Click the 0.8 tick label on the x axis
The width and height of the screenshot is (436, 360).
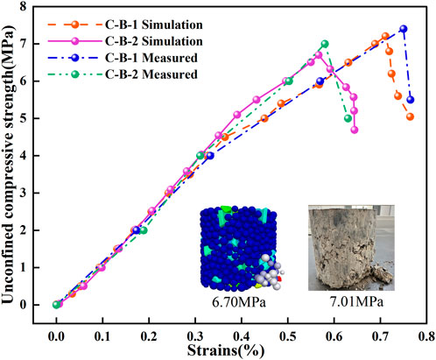(425, 333)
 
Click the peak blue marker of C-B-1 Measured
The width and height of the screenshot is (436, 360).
(404, 29)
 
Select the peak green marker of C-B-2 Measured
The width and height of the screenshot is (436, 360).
(325, 44)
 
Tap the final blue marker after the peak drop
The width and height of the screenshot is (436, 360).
(411, 99)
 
